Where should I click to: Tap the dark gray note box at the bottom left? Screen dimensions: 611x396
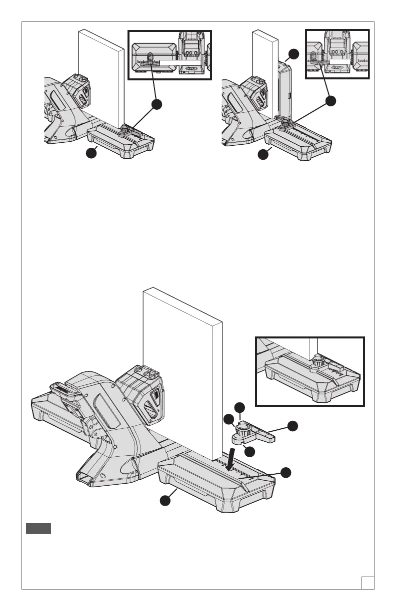pos(38,529)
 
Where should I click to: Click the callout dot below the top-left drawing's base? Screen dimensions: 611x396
pos(90,154)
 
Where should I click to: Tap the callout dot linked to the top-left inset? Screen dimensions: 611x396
pos(157,104)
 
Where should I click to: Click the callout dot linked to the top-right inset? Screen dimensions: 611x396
pos(330,101)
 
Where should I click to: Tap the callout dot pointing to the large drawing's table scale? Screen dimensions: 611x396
pos(285,472)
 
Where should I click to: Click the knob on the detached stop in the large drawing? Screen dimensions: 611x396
pos(245,428)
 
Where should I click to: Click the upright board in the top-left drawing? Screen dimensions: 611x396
pos(101,80)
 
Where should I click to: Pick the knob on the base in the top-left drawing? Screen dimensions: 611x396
pos(123,130)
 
